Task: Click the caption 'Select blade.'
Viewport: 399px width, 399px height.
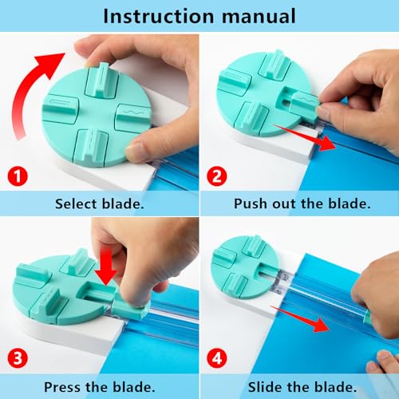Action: coord(100,203)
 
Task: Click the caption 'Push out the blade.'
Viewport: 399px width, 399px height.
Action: coord(302,203)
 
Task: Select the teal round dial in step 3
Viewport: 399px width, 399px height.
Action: coord(56,287)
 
